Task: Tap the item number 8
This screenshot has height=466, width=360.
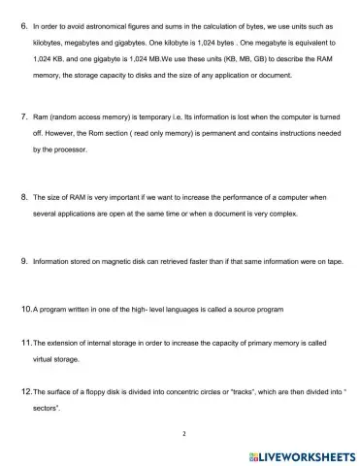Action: [x=23, y=196]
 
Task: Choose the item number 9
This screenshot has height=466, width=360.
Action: [x=23, y=260]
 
